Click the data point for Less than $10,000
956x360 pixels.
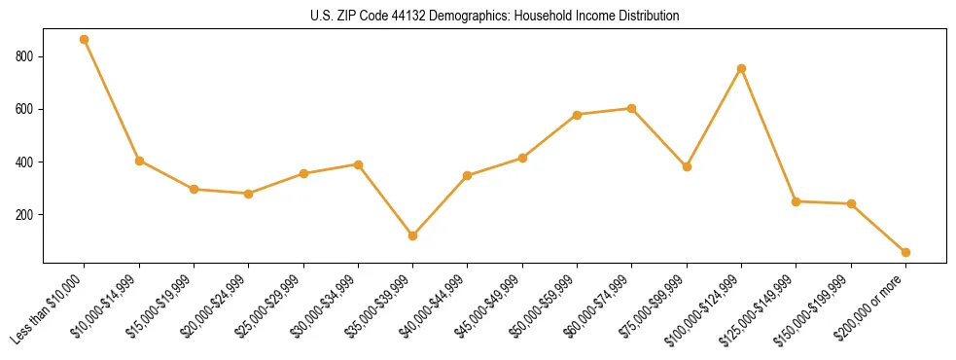85,40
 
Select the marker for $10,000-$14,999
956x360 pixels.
139,161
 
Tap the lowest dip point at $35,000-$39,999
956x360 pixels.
413,235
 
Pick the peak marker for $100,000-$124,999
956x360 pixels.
742,68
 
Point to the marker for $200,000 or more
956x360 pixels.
906,252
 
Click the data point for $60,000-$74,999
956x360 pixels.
632,108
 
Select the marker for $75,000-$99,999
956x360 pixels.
687,166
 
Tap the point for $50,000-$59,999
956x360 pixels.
578,115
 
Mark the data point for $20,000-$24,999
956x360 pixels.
249,194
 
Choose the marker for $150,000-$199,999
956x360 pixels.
851,203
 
